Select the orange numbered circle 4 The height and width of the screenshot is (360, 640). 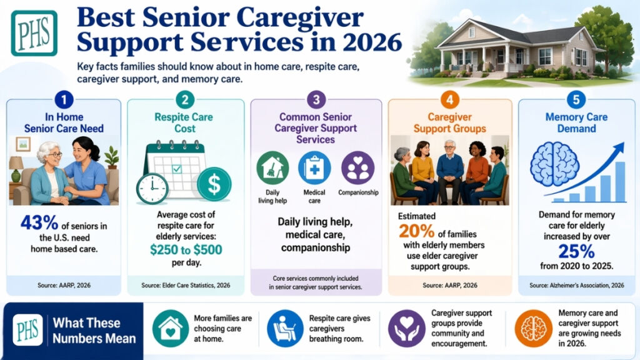449,100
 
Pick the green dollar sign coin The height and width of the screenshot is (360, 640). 214,184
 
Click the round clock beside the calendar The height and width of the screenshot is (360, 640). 152,188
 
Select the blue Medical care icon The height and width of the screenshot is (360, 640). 314,167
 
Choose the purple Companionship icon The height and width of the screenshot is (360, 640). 358,167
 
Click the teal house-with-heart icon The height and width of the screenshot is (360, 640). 170,328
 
